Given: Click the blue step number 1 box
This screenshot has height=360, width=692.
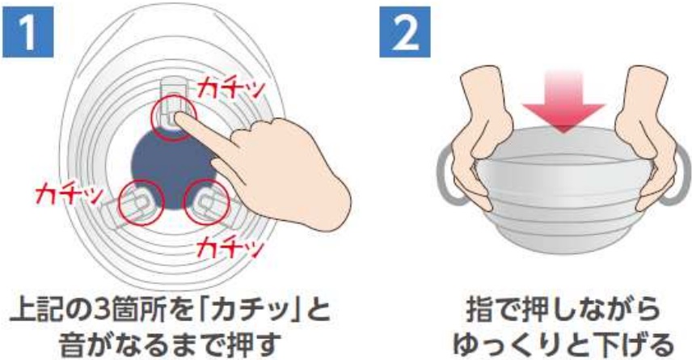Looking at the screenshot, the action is (x=27, y=32).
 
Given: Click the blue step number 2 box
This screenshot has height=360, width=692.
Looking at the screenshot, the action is (x=405, y=32).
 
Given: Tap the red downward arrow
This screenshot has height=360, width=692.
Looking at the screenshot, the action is (x=563, y=102).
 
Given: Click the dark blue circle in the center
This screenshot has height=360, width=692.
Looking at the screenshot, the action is (x=175, y=170).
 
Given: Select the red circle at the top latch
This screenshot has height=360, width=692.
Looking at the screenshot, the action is (x=174, y=117).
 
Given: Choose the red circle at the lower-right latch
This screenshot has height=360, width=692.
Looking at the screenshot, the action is (x=206, y=203).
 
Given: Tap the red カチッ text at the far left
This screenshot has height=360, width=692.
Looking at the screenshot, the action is (x=70, y=194).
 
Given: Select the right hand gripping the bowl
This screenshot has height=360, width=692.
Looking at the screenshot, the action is (x=645, y=135).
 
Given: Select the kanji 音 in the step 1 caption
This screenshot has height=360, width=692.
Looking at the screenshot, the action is (x=72, y=345).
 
